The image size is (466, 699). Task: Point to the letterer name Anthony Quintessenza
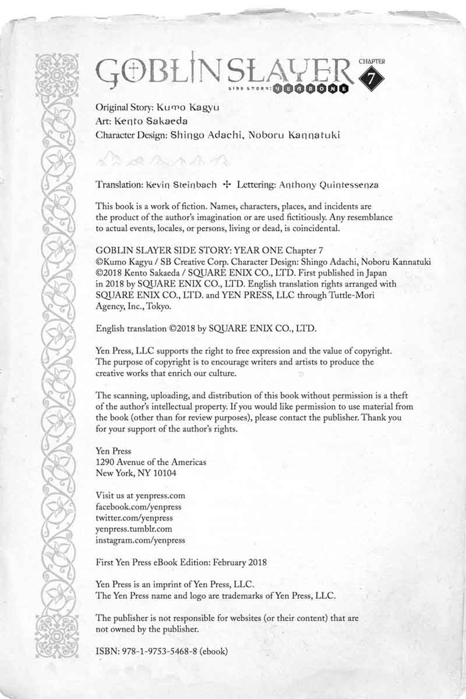click(329, 185)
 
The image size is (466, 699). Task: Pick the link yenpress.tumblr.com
click(133, 529)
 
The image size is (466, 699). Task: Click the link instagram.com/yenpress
click(140, 540)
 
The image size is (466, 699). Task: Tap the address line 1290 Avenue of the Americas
click(150, 462)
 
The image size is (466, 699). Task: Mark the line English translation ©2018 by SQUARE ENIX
click(206, 329)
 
